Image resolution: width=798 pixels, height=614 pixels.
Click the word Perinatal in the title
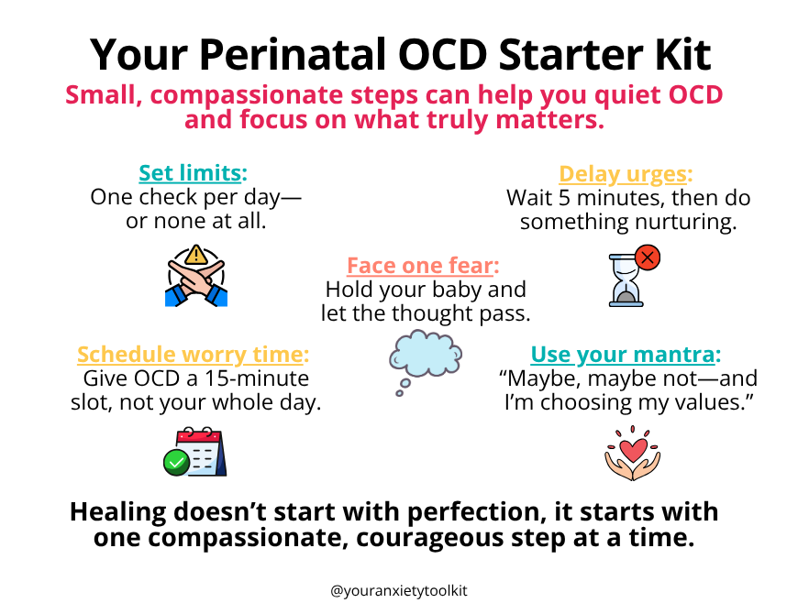[x=294, y=55]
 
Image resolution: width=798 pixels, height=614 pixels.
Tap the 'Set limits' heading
[x=194, y=173]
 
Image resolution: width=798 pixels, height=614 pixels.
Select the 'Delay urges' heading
[x=626, y=174]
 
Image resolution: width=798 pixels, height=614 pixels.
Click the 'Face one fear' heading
[x=424, y=266]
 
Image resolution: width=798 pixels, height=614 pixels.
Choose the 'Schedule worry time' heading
[x=194, y=355]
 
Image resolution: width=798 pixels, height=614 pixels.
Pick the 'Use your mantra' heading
[x=626, y=355]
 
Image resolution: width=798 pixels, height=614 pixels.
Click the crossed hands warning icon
[x=196, y=276]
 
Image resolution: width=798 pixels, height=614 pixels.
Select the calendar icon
[x=196, y=451]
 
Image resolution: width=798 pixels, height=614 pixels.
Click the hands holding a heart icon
[x=627, y=453]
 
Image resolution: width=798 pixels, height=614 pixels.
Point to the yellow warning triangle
[x=196, y=256]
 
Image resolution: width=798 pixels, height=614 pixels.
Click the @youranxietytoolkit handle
[x=399, y=592]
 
